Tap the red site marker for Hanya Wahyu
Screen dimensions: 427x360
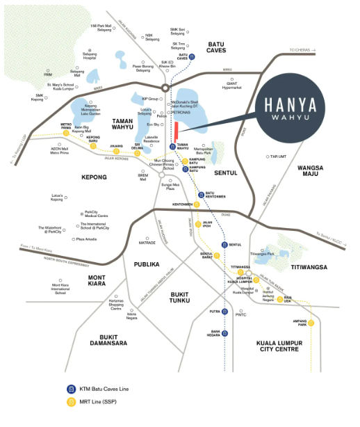177,131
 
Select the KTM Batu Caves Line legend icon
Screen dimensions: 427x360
71,388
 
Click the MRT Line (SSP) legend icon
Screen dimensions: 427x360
71,402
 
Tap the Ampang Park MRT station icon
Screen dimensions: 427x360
311,322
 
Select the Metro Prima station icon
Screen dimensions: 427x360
67,136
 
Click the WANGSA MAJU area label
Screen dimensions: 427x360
312,172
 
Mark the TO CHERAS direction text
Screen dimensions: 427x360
300,50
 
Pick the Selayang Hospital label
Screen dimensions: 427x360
85,56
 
